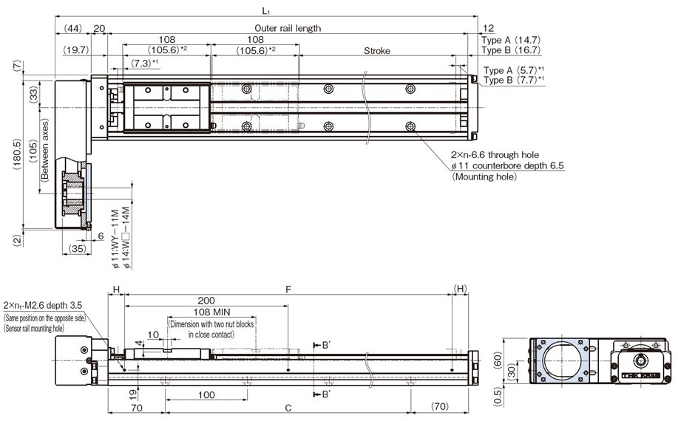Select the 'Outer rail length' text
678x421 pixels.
tap(288, 28)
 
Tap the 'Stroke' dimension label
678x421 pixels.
tap(377, 51)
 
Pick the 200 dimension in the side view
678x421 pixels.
tap(207, 301)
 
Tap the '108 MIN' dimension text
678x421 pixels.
tap(201, 312)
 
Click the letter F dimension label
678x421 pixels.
tap(288, 290)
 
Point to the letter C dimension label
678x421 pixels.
tap(288, 407)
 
